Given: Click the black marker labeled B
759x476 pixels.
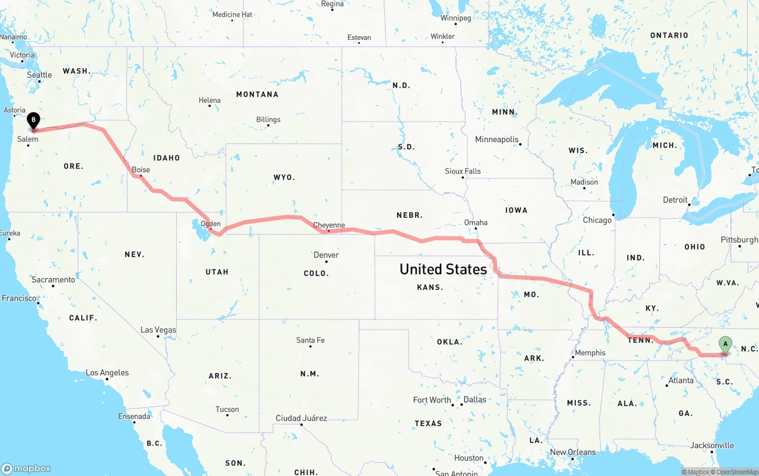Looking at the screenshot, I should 34,120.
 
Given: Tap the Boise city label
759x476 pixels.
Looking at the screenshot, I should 141,170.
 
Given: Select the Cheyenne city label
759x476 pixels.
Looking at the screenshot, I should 329,225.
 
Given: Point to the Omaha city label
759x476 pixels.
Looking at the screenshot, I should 476,223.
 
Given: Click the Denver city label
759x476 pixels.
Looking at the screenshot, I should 326,255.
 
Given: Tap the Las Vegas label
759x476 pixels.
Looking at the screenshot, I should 158,330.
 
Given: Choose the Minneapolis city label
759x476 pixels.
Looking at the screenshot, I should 497,139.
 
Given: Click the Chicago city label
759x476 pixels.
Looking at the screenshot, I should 597,220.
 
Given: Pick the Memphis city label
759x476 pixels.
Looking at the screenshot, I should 590,353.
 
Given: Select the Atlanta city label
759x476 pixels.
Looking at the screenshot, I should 681,381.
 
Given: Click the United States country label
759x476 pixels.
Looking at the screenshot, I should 443,269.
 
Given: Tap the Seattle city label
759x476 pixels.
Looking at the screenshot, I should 40,75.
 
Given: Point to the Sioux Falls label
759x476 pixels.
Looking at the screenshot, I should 463,171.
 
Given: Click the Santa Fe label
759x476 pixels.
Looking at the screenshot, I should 310,340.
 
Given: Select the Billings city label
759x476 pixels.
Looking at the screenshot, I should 268,120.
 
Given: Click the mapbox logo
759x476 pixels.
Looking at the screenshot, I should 27,468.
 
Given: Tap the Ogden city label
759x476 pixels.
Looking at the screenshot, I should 211,224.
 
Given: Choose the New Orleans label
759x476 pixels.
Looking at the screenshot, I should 573,452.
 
